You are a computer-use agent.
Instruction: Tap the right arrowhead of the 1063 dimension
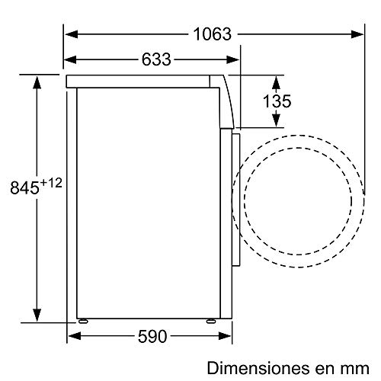pyautogui.click(x=357, y=34)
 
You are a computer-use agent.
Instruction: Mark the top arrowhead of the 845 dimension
pyautogui.click(x=35, y=80)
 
